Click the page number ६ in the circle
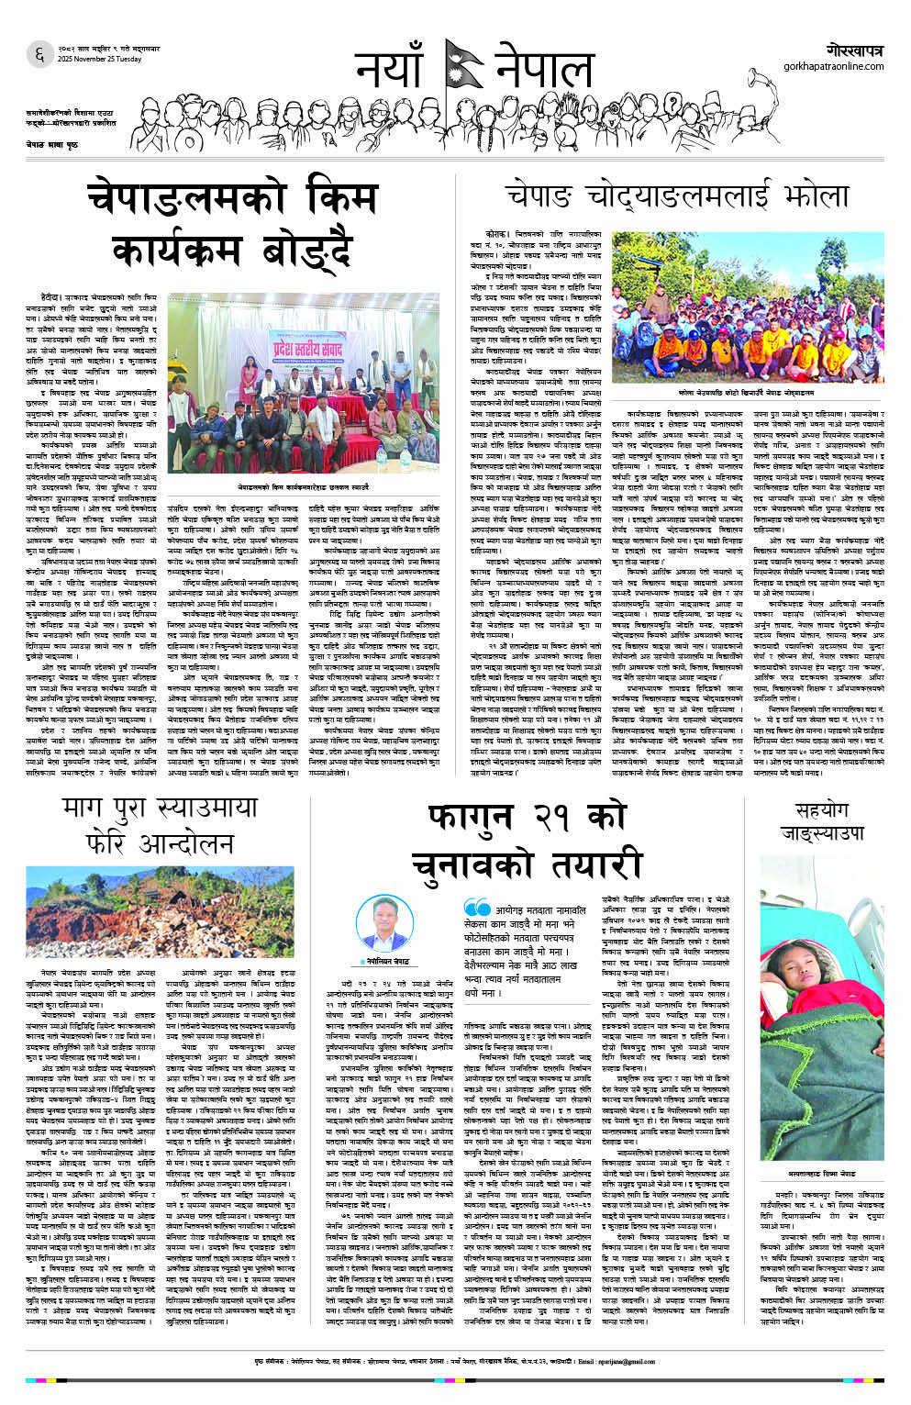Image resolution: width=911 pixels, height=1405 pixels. [39, 54]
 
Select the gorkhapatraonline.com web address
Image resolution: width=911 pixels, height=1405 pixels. [834, 66]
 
